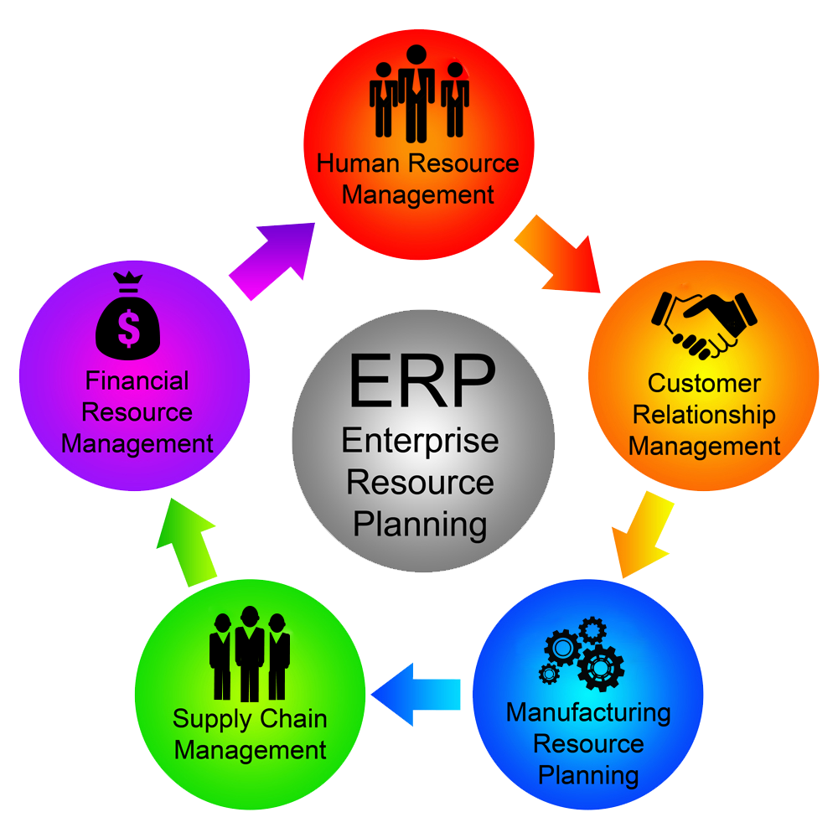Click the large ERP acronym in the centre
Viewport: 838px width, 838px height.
coord(422,380)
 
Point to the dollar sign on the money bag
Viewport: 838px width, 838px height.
coord(128,329)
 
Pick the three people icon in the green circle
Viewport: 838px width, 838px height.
coord(249,654)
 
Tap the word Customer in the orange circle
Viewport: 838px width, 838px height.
coord(704,384)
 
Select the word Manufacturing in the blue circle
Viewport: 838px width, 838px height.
coord(588,713)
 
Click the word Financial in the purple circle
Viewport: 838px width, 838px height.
coord(137,381)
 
